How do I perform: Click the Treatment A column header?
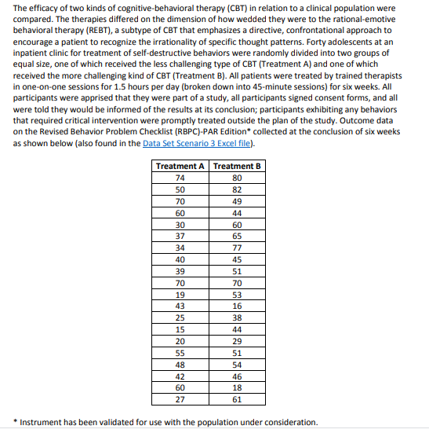coord(180,167)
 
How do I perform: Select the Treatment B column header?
coord(238,167)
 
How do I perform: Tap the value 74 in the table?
coord(180,178)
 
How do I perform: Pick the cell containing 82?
coord(238,189)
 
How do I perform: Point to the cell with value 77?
coord(238,248)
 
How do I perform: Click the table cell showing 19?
coord(180,295)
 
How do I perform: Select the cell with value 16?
coord(238,306)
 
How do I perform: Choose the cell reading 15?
coord(180,329)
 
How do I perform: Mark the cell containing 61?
coord(238,399)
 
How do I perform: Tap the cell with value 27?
coord(180,399)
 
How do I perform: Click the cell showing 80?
coord(238,178)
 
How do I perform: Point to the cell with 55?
coord(180,353)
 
